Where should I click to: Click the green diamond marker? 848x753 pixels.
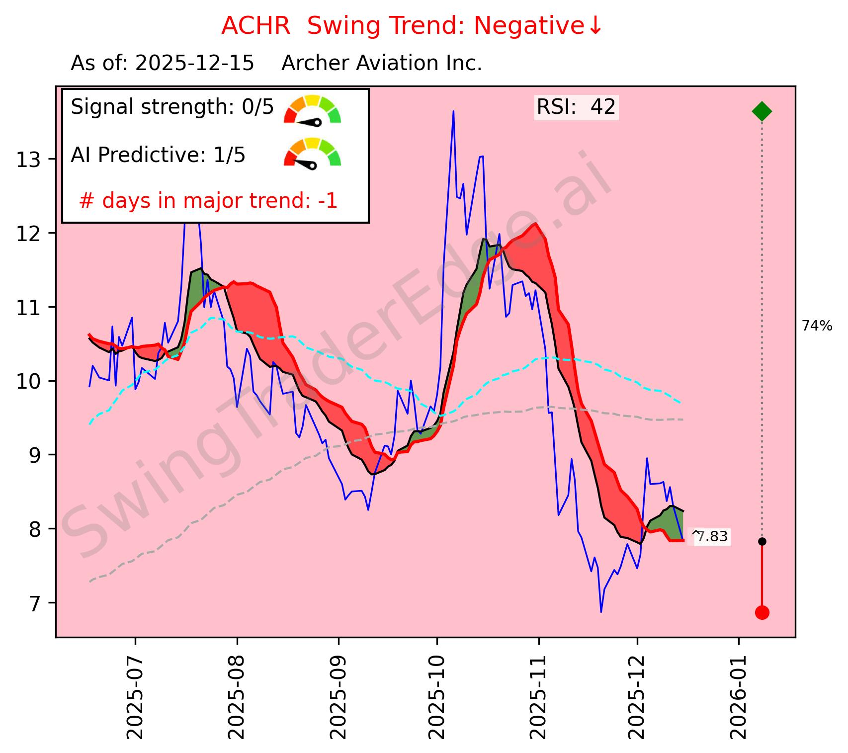point(762,111)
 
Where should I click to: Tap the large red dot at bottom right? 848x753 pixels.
point(762,612)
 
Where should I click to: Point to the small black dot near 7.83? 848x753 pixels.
point(762,541)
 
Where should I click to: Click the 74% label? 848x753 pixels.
point(817,326)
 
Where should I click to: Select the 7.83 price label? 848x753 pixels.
point(712,537)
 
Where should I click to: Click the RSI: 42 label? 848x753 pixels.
point(576,107)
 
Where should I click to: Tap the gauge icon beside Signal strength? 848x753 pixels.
point(312,110)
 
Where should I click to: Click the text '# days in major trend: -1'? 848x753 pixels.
point(208,201)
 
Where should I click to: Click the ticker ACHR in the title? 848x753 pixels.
point(255,26)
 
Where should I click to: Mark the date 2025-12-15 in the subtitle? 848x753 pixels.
point(194,64)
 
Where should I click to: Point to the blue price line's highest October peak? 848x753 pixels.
point(453,111)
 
